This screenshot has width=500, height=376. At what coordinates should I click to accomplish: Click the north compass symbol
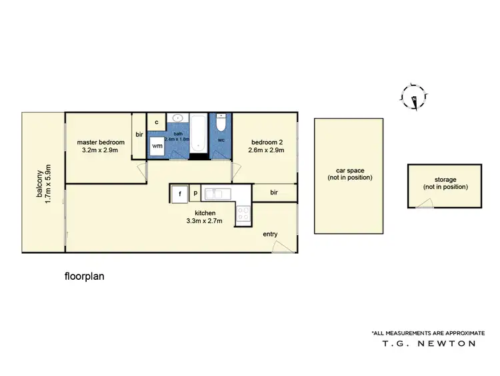pyautogui.click(x=413, y=98)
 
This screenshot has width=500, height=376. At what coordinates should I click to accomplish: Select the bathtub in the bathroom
pyautogui.click(x=199, y=133)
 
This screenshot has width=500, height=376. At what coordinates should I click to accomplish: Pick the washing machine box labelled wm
pyautogui.click(x=157, y=146)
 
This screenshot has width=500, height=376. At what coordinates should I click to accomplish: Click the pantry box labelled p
pyautogui.click(x=195, y=193)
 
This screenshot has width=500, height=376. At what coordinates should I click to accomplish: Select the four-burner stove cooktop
pyautogui.click(x=243, y=214)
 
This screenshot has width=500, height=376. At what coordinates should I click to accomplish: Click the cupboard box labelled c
pyautogui.click(x=156, y=122)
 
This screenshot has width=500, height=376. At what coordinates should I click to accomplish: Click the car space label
pyautogui.click(x=349, y=174)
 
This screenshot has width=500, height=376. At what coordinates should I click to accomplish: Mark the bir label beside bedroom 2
pyautogui.click(x=274, y=192)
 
